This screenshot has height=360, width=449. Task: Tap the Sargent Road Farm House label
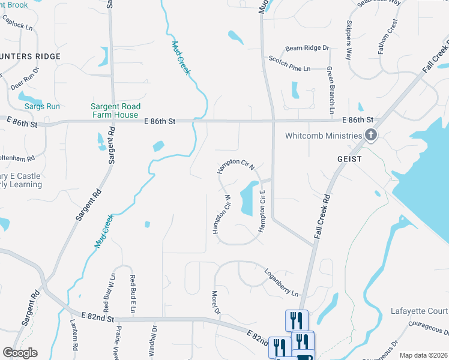[115, 110]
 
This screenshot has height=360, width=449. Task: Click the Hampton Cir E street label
[262, 214]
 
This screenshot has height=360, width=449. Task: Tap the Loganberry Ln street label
[282, 282]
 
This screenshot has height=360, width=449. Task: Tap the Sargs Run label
[42, 106]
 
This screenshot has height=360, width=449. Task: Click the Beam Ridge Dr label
[307, 48]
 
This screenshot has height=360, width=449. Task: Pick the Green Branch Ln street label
[330, 90]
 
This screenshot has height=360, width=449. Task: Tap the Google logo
[20, 353]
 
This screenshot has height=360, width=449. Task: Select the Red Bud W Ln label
[112, 294]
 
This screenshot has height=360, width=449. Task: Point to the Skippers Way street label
[348, 40]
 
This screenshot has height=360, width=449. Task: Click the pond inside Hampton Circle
[246, 199]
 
